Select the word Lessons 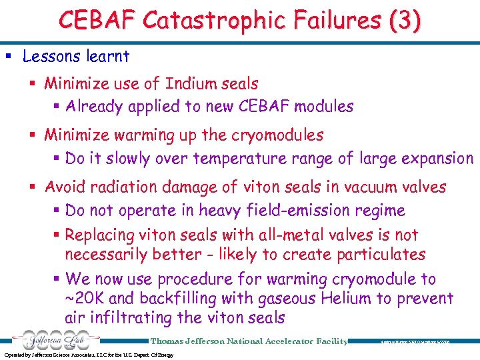pos(52,57)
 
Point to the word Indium pos(191,83)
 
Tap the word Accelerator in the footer pos(284,341)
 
